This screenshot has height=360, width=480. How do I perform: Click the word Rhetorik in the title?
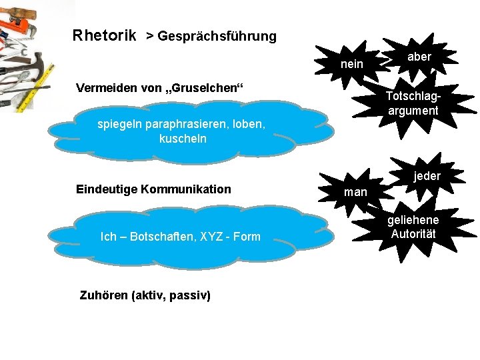pos(105,35)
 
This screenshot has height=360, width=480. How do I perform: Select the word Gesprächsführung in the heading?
pos(217,36)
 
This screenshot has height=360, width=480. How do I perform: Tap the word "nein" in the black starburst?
pos(352,64)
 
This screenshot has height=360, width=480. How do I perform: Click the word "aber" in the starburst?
pos(419,57)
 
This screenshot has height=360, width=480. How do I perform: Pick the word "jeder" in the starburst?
pos(427,176)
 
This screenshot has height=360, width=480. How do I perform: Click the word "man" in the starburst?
pos(355,192)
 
